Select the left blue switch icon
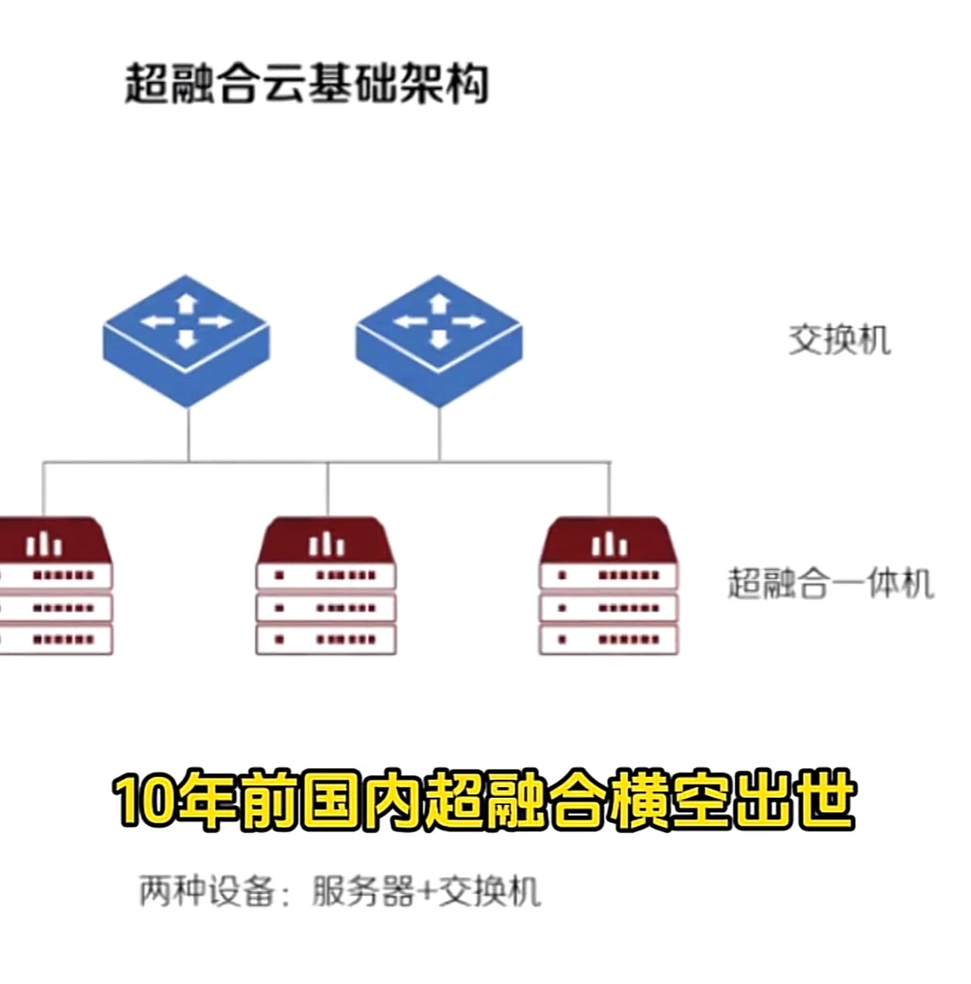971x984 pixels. pyautogui.click(x=186, y=340)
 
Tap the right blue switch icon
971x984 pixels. pyautogui.click(x=439, y=340)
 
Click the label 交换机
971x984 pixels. pyautogui.click(x=840, y=341)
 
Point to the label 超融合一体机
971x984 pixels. pyautogui.click(x=830, y=584)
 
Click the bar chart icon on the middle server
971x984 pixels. pyautogui.click(x=326, y=543)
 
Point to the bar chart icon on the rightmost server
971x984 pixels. pyautogui.click(x=610, y=543)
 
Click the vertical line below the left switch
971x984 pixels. pyautogui.click(x=188, y=435)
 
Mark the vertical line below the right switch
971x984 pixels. pyautogui.click(x=439, y=435)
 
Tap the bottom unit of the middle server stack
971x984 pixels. pyautogui.click(x=326, y=640)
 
